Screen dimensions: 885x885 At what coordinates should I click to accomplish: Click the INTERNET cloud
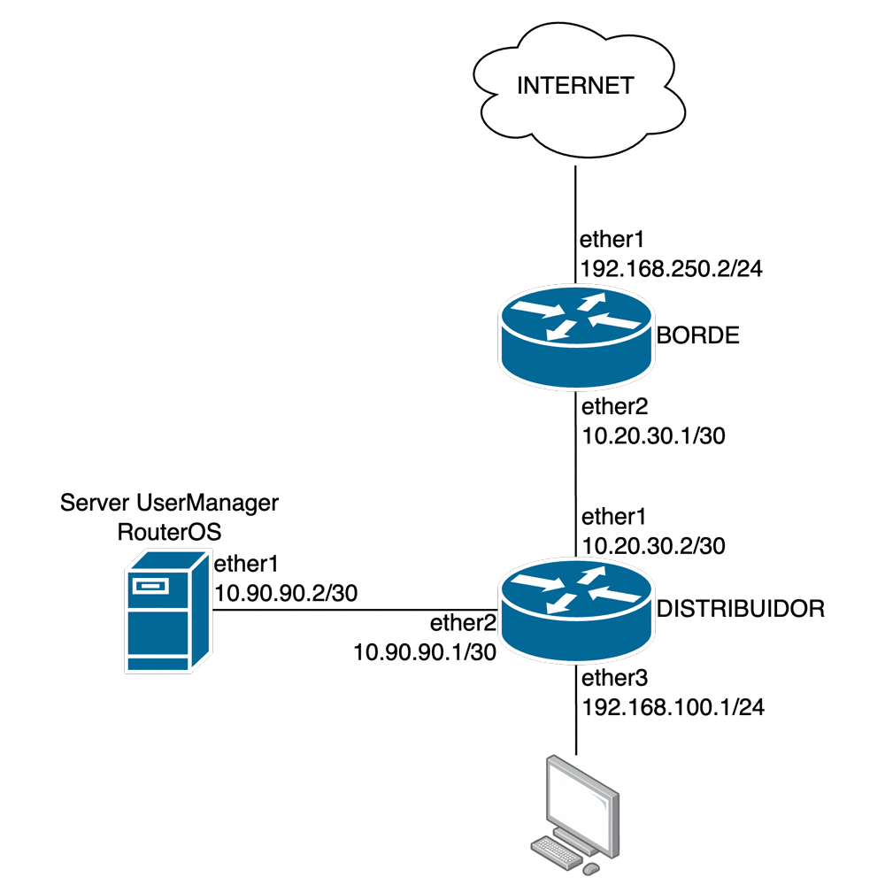point(575,87)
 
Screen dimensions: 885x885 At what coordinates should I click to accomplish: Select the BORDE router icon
point(576,338)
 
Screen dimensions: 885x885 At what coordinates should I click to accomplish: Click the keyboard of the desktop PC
point(558,850)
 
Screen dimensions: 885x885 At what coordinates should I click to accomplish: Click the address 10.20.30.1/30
point(653,435)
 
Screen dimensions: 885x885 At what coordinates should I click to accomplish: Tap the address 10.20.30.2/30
point(653,546)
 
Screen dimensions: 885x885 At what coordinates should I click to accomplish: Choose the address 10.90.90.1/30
point(423,652)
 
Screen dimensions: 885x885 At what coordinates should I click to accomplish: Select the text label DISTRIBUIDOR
point(740,609)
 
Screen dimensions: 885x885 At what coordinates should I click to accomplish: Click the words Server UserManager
point(169,504)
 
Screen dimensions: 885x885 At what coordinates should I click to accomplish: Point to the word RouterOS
point(168,532)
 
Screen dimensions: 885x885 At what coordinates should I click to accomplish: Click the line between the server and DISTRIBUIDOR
point(354,610)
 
